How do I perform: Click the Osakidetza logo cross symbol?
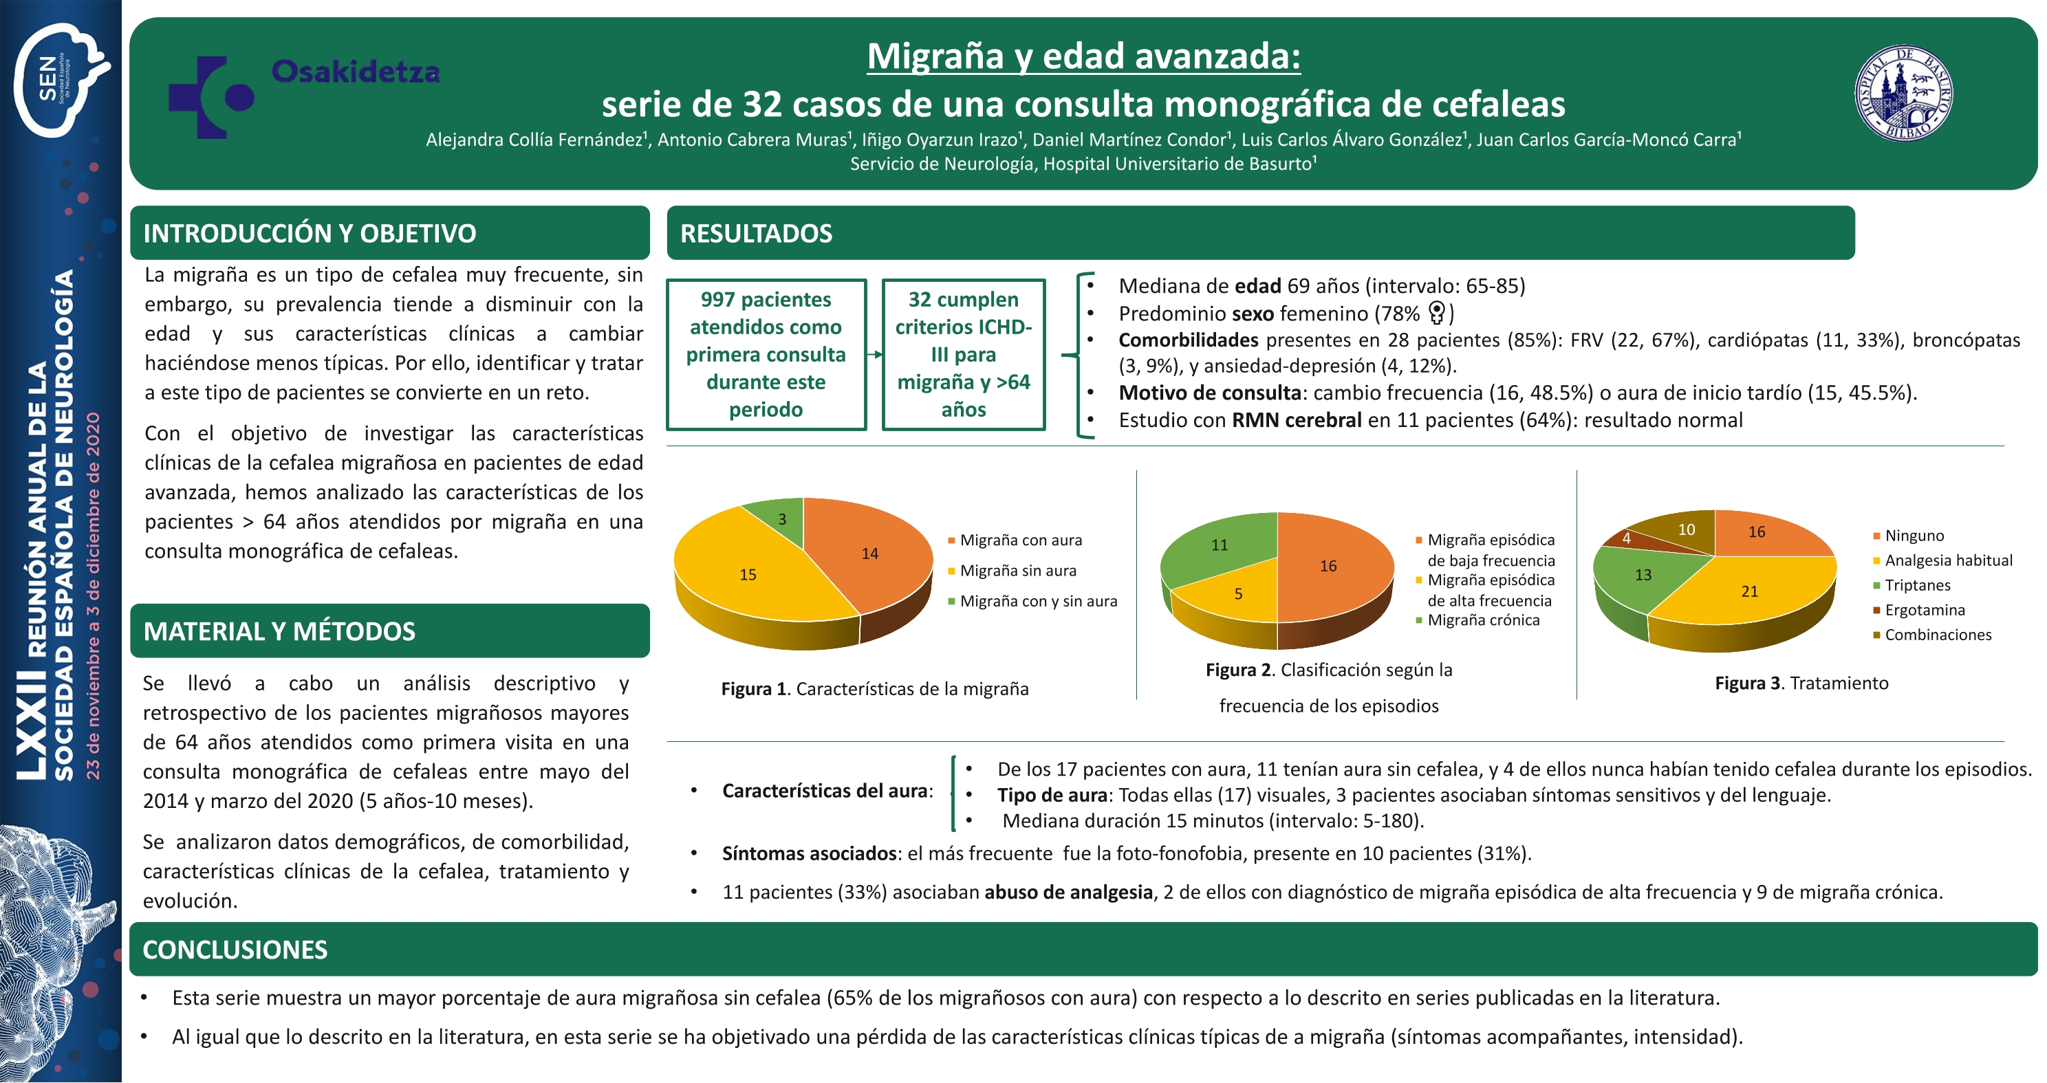tap(210, 97)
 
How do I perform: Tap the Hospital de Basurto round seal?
tap(1904, 93)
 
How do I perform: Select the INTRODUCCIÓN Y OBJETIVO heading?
tap(310, 234)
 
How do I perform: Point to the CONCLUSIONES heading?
tap(235, 950)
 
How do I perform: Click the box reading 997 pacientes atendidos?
tap(766, 354)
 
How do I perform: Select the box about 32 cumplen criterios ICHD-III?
tap(963, 354)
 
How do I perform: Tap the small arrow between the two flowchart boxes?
tap(874, 354)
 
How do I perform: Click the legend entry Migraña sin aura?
tap(1012, 571)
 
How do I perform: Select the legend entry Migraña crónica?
tap(1478, 620)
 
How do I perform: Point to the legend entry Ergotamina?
tap(1919, 610)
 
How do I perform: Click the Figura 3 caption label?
tap(1801, 683)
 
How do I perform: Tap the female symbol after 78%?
tap(1437, 313)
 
